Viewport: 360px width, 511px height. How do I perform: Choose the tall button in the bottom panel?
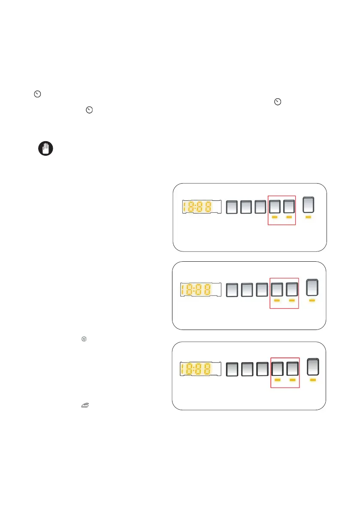[x=314, y=366]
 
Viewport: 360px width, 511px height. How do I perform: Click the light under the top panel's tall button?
[x=309, y=218]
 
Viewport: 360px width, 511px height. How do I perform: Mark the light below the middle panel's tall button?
[x=312, y=301]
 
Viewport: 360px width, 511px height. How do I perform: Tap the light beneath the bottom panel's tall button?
[x=314, y=380]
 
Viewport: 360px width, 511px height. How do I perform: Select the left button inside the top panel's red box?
[x=275, y=207]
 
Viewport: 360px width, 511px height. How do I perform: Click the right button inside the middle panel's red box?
[x=292, y=290]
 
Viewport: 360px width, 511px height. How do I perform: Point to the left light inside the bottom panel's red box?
[x=278, y=380]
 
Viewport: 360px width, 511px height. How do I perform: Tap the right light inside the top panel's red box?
[x=289, y=218]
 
